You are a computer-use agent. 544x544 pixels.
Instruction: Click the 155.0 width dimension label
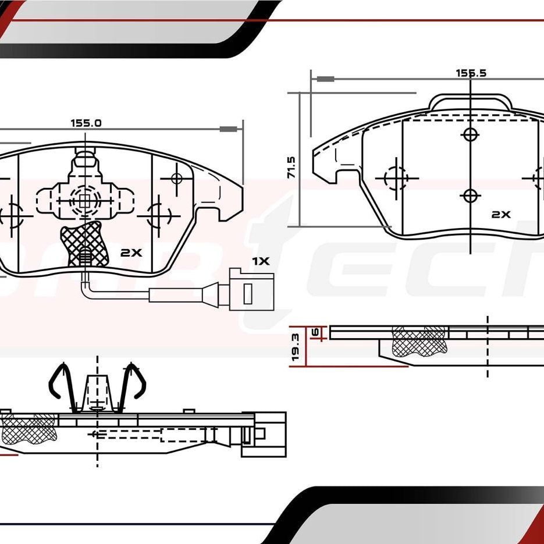[86, 123]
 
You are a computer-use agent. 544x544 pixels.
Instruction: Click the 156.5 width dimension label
[470, 73]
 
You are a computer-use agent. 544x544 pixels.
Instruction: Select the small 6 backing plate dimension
[315, 332]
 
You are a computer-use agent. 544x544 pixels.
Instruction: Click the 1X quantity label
[261, 261]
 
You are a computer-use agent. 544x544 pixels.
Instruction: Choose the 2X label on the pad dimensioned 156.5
[500, 214]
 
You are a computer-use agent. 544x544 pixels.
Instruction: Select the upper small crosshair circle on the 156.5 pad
[470, 134]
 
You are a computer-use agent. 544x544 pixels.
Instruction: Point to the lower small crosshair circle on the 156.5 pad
[470, 195]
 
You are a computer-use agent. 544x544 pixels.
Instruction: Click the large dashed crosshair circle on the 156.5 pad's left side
[396, 177]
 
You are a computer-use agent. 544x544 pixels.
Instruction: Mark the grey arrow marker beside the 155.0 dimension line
[230, 129]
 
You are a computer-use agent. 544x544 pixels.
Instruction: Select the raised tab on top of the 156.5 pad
[470, 102]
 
